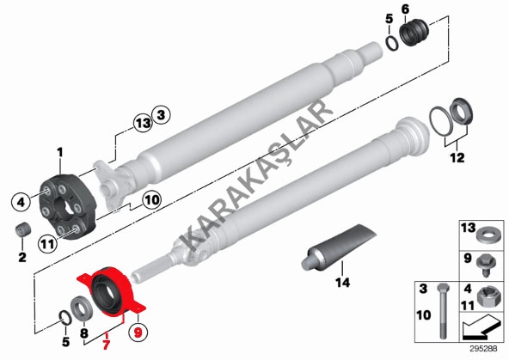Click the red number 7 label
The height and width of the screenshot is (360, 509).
pos(106,344)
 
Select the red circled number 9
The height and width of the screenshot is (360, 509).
pos(138,333)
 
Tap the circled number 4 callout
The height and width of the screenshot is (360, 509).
pos(21,203)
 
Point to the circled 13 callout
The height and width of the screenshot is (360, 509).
pos(143,123)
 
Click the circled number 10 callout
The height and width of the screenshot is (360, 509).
pos(151,200)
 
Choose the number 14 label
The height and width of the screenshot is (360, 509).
pos(343,283)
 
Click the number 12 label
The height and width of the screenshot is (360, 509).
pos(457,158)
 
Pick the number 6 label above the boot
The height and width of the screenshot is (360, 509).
pos(406,9)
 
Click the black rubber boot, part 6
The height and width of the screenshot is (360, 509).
pos(414,33)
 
